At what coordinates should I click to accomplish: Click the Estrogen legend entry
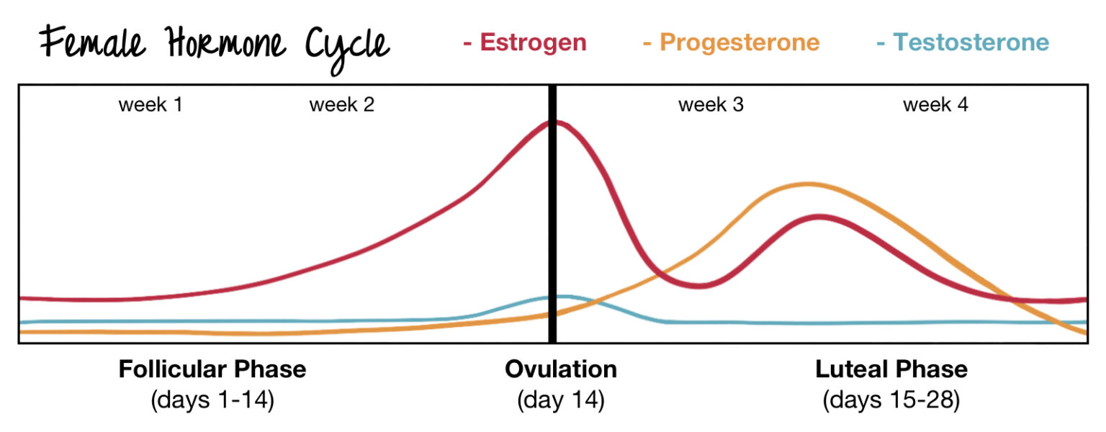tap(525, 42)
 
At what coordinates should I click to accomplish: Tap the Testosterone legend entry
tap(963, 42)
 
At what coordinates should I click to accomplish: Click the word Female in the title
tap(86, 45)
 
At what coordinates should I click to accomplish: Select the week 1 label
tap(150, 105)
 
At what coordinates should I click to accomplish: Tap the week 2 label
tap(342, 105)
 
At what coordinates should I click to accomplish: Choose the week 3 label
tap(711, 105)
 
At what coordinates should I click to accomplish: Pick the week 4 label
tap(935, 105)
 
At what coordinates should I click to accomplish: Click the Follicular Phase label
tap(212, 369)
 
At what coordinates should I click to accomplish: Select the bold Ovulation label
tap(561, 369)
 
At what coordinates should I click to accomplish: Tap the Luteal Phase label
tap(891, 369)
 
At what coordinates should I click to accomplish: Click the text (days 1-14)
tap(212, 400)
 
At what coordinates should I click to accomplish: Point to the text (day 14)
tap(561, 400)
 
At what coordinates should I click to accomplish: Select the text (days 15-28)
tap(891, 400)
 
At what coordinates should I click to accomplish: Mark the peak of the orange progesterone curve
tap(806, 184)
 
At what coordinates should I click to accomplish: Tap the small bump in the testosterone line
tap(565, 296)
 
